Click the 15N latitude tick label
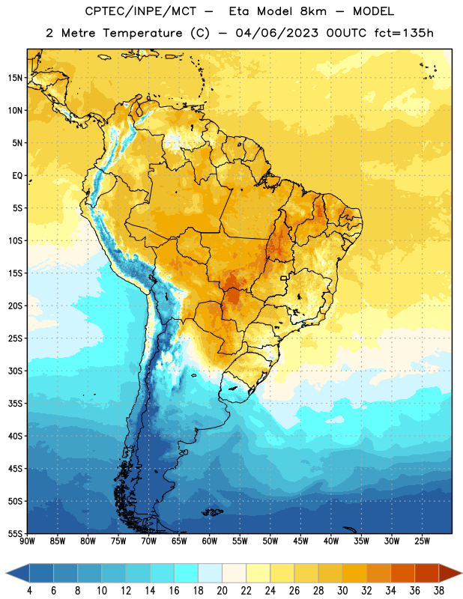15,78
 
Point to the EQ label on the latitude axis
17,176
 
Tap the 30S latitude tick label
15,371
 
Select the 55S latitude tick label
15,534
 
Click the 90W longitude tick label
27,541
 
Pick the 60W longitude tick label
210,541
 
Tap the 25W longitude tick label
422,541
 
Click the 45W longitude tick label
300,541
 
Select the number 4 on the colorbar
29,591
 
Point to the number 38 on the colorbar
439,591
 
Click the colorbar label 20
222,591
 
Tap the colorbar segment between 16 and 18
186,574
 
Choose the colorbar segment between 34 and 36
402,574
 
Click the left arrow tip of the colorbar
6,574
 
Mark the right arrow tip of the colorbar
462,574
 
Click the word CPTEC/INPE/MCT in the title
141,11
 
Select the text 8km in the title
313,11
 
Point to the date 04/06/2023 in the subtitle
276,33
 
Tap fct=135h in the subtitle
404,33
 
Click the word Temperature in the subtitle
142,33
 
